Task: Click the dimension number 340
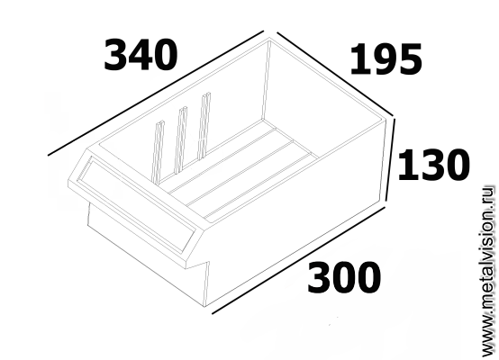[x=141, y=55]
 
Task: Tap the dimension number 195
[x=386, y=59]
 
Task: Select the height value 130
[x=433, y=165]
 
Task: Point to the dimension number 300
[x=344, y=277]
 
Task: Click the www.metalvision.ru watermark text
[x=488, y=271]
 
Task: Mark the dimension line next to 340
[x=156, y=94]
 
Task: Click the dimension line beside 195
[x=335, y=74]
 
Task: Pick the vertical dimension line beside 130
[x=391, y=159]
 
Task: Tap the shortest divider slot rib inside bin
[x=158, y=152]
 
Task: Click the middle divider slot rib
[x=180, y=140]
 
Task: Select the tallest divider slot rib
[x=204, y=126]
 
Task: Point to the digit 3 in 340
[x=115, y=55]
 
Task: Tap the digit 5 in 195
[x=411, y=59]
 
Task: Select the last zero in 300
[x=368, y=277]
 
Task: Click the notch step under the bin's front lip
[x=198, y=265]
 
